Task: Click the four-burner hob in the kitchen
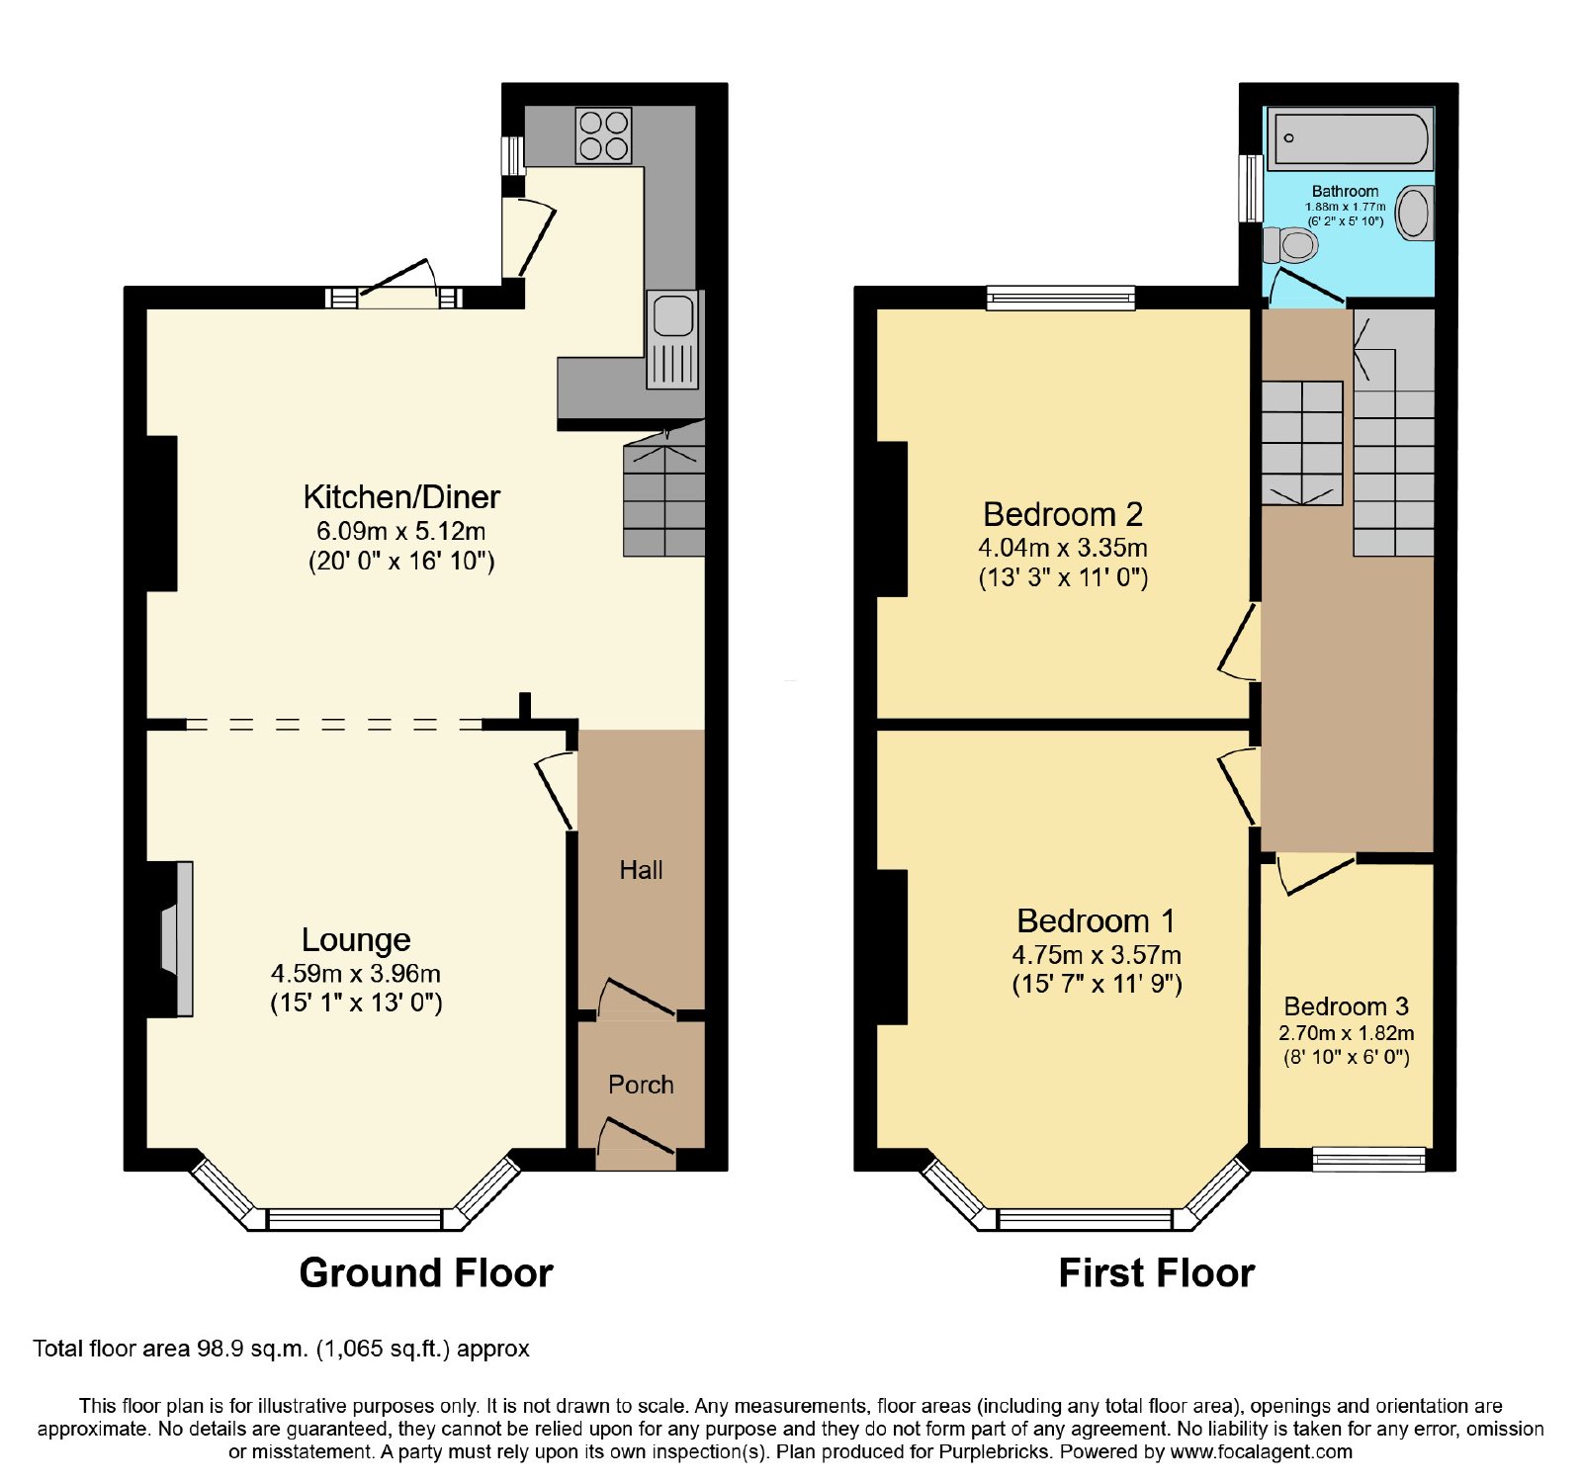click(604, 135)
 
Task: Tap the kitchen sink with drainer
click(673, 339)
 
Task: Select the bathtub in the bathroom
click(1350, 138)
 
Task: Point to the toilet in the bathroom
click(1290, 243)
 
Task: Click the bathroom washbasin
click(1416, 213)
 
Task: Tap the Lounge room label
click(356, 939)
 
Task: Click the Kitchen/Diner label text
click(401, 496)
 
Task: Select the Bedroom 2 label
click(1063, 514)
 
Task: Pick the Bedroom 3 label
click(1346, 1006)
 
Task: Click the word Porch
click(641, 1085)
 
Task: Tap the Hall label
click(641, 870)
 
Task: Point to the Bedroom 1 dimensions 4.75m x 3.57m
click(1097, 955)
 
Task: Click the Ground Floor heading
click(426, 1272)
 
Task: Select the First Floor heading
click(1157, 1272)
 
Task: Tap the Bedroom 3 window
click(1369, 1159)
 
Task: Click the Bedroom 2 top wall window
click(1061, 297)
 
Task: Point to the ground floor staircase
click(664, 489)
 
